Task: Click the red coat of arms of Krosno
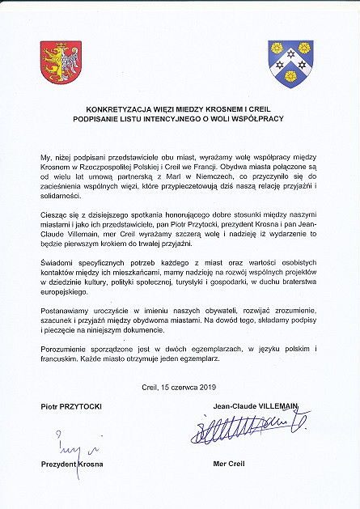click(61, 63)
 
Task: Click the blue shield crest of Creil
click(290, 63)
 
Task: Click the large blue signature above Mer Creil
click(248, 426)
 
